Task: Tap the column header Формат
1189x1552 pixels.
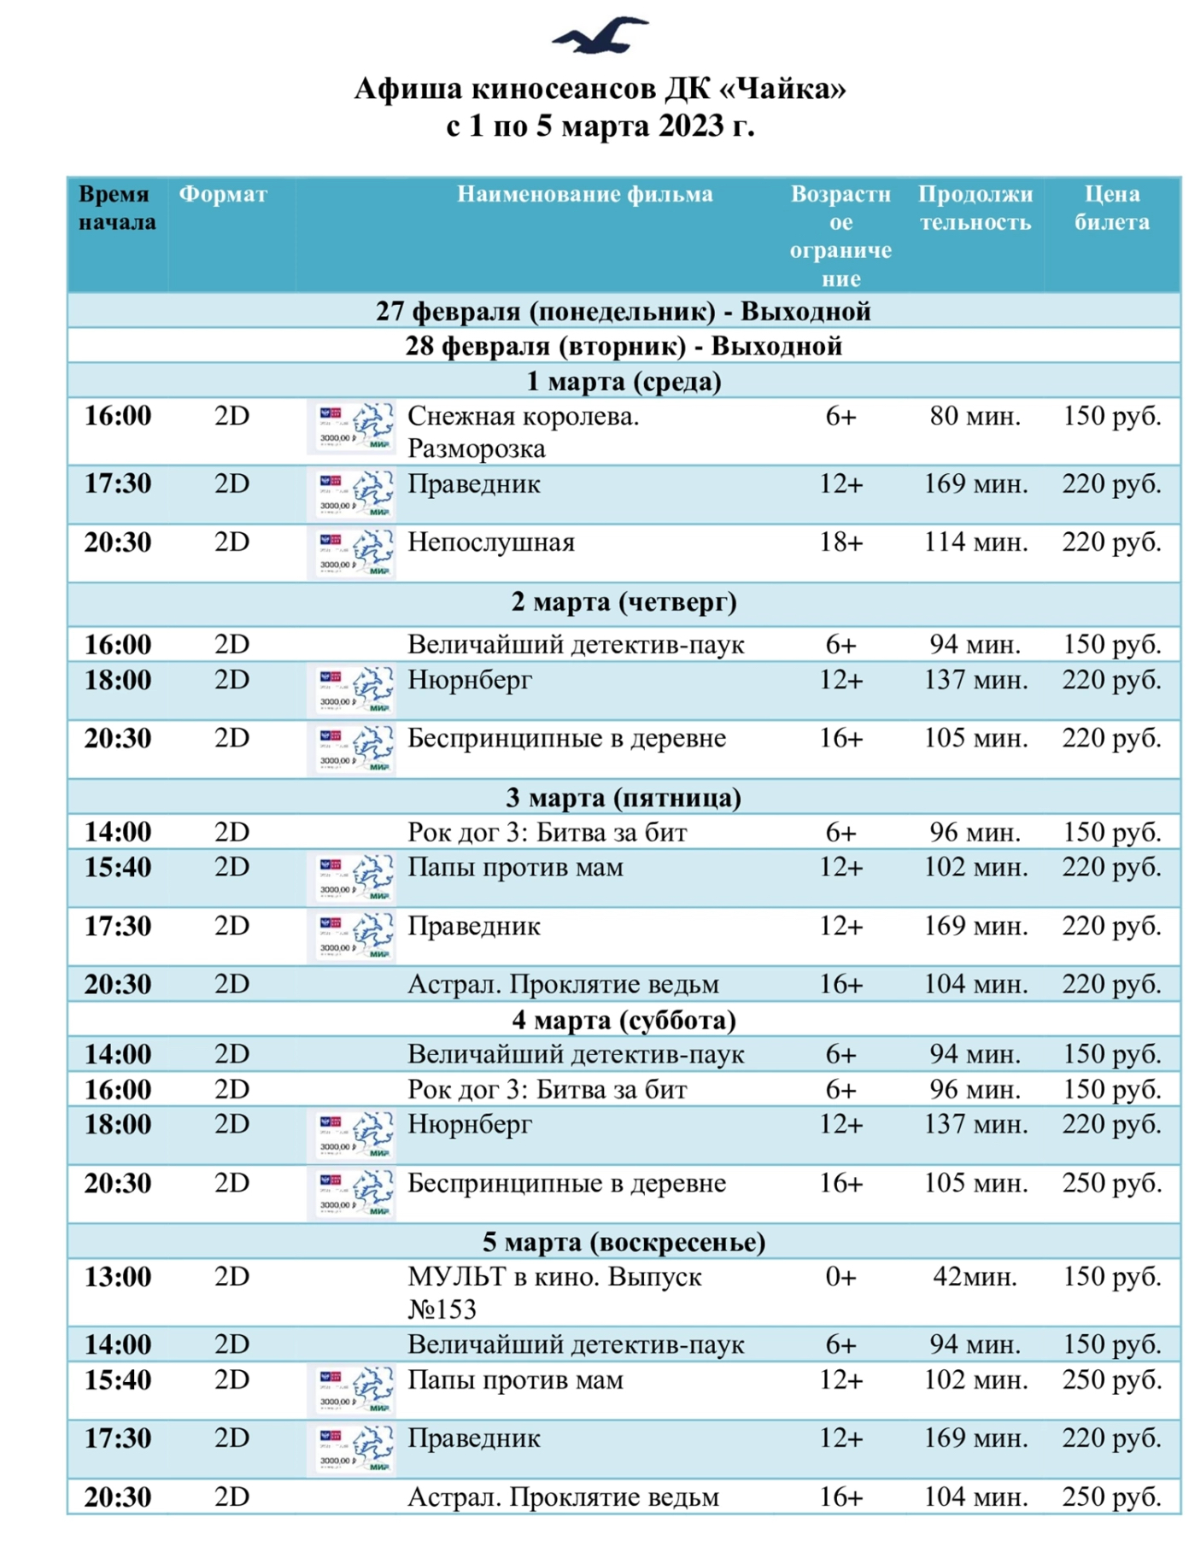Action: [x=223, y=195]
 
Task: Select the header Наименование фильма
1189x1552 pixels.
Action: [x=584, y=195]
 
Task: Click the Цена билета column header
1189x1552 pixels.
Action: [x=1111, y=208]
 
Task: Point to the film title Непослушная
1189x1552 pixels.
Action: [x=491, y=542]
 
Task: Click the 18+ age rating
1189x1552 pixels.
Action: [x=841, y=542]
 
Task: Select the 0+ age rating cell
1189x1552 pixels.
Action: [x=841, y=1277]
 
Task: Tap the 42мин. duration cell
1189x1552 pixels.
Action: [x=975, y=1277]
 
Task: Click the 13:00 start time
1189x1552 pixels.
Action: [x=118, y=1277]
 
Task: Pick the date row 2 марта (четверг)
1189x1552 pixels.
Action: [x=624, y=602]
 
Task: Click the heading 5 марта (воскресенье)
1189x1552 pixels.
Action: [x=624, y=1242]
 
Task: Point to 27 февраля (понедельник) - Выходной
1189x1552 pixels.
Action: [x=624, y=312]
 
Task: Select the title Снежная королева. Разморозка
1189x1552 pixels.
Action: [x=523, y=432]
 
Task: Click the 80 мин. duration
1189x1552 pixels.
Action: [x=975, y=417]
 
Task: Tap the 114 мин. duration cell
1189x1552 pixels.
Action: [x=975, y=542]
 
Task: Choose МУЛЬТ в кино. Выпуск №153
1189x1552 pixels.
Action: [x=554, y=1292]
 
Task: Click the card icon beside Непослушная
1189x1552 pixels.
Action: [x=351, y=553]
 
